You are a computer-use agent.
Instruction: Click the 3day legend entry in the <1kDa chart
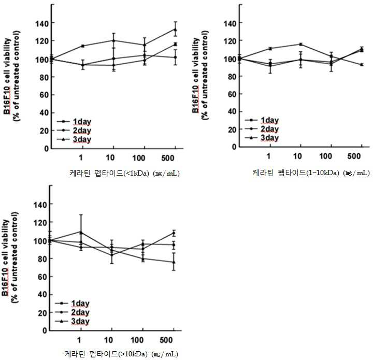coord(74,139)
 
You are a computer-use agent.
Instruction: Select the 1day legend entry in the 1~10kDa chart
coord(262,120)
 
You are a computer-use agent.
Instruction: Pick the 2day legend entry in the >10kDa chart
coord(73,312)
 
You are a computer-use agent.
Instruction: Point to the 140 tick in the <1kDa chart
coord(42,23)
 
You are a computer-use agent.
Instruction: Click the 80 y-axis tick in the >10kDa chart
coord(42,258)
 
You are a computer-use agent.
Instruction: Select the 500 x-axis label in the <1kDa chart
coord(168,158)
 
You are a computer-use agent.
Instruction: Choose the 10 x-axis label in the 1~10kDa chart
coord(297,156)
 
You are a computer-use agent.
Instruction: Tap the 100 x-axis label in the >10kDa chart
coord(137,340)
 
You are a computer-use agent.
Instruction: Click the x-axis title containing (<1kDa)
coord(124,173)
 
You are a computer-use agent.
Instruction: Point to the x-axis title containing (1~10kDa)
coord(311,172)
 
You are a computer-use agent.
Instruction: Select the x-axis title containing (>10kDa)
coord(121,354)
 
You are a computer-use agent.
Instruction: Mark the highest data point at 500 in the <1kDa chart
coord(176,30)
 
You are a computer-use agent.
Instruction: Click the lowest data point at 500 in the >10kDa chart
coord(174,262)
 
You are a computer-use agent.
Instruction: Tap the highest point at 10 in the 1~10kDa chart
coord(301,44)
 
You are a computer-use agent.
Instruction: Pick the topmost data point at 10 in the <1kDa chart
coord(113,40)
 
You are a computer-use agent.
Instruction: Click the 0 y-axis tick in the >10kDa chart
coord(45,330)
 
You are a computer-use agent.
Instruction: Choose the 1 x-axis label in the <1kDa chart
coord(81,158)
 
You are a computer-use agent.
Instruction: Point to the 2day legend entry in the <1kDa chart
coord(74,131)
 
